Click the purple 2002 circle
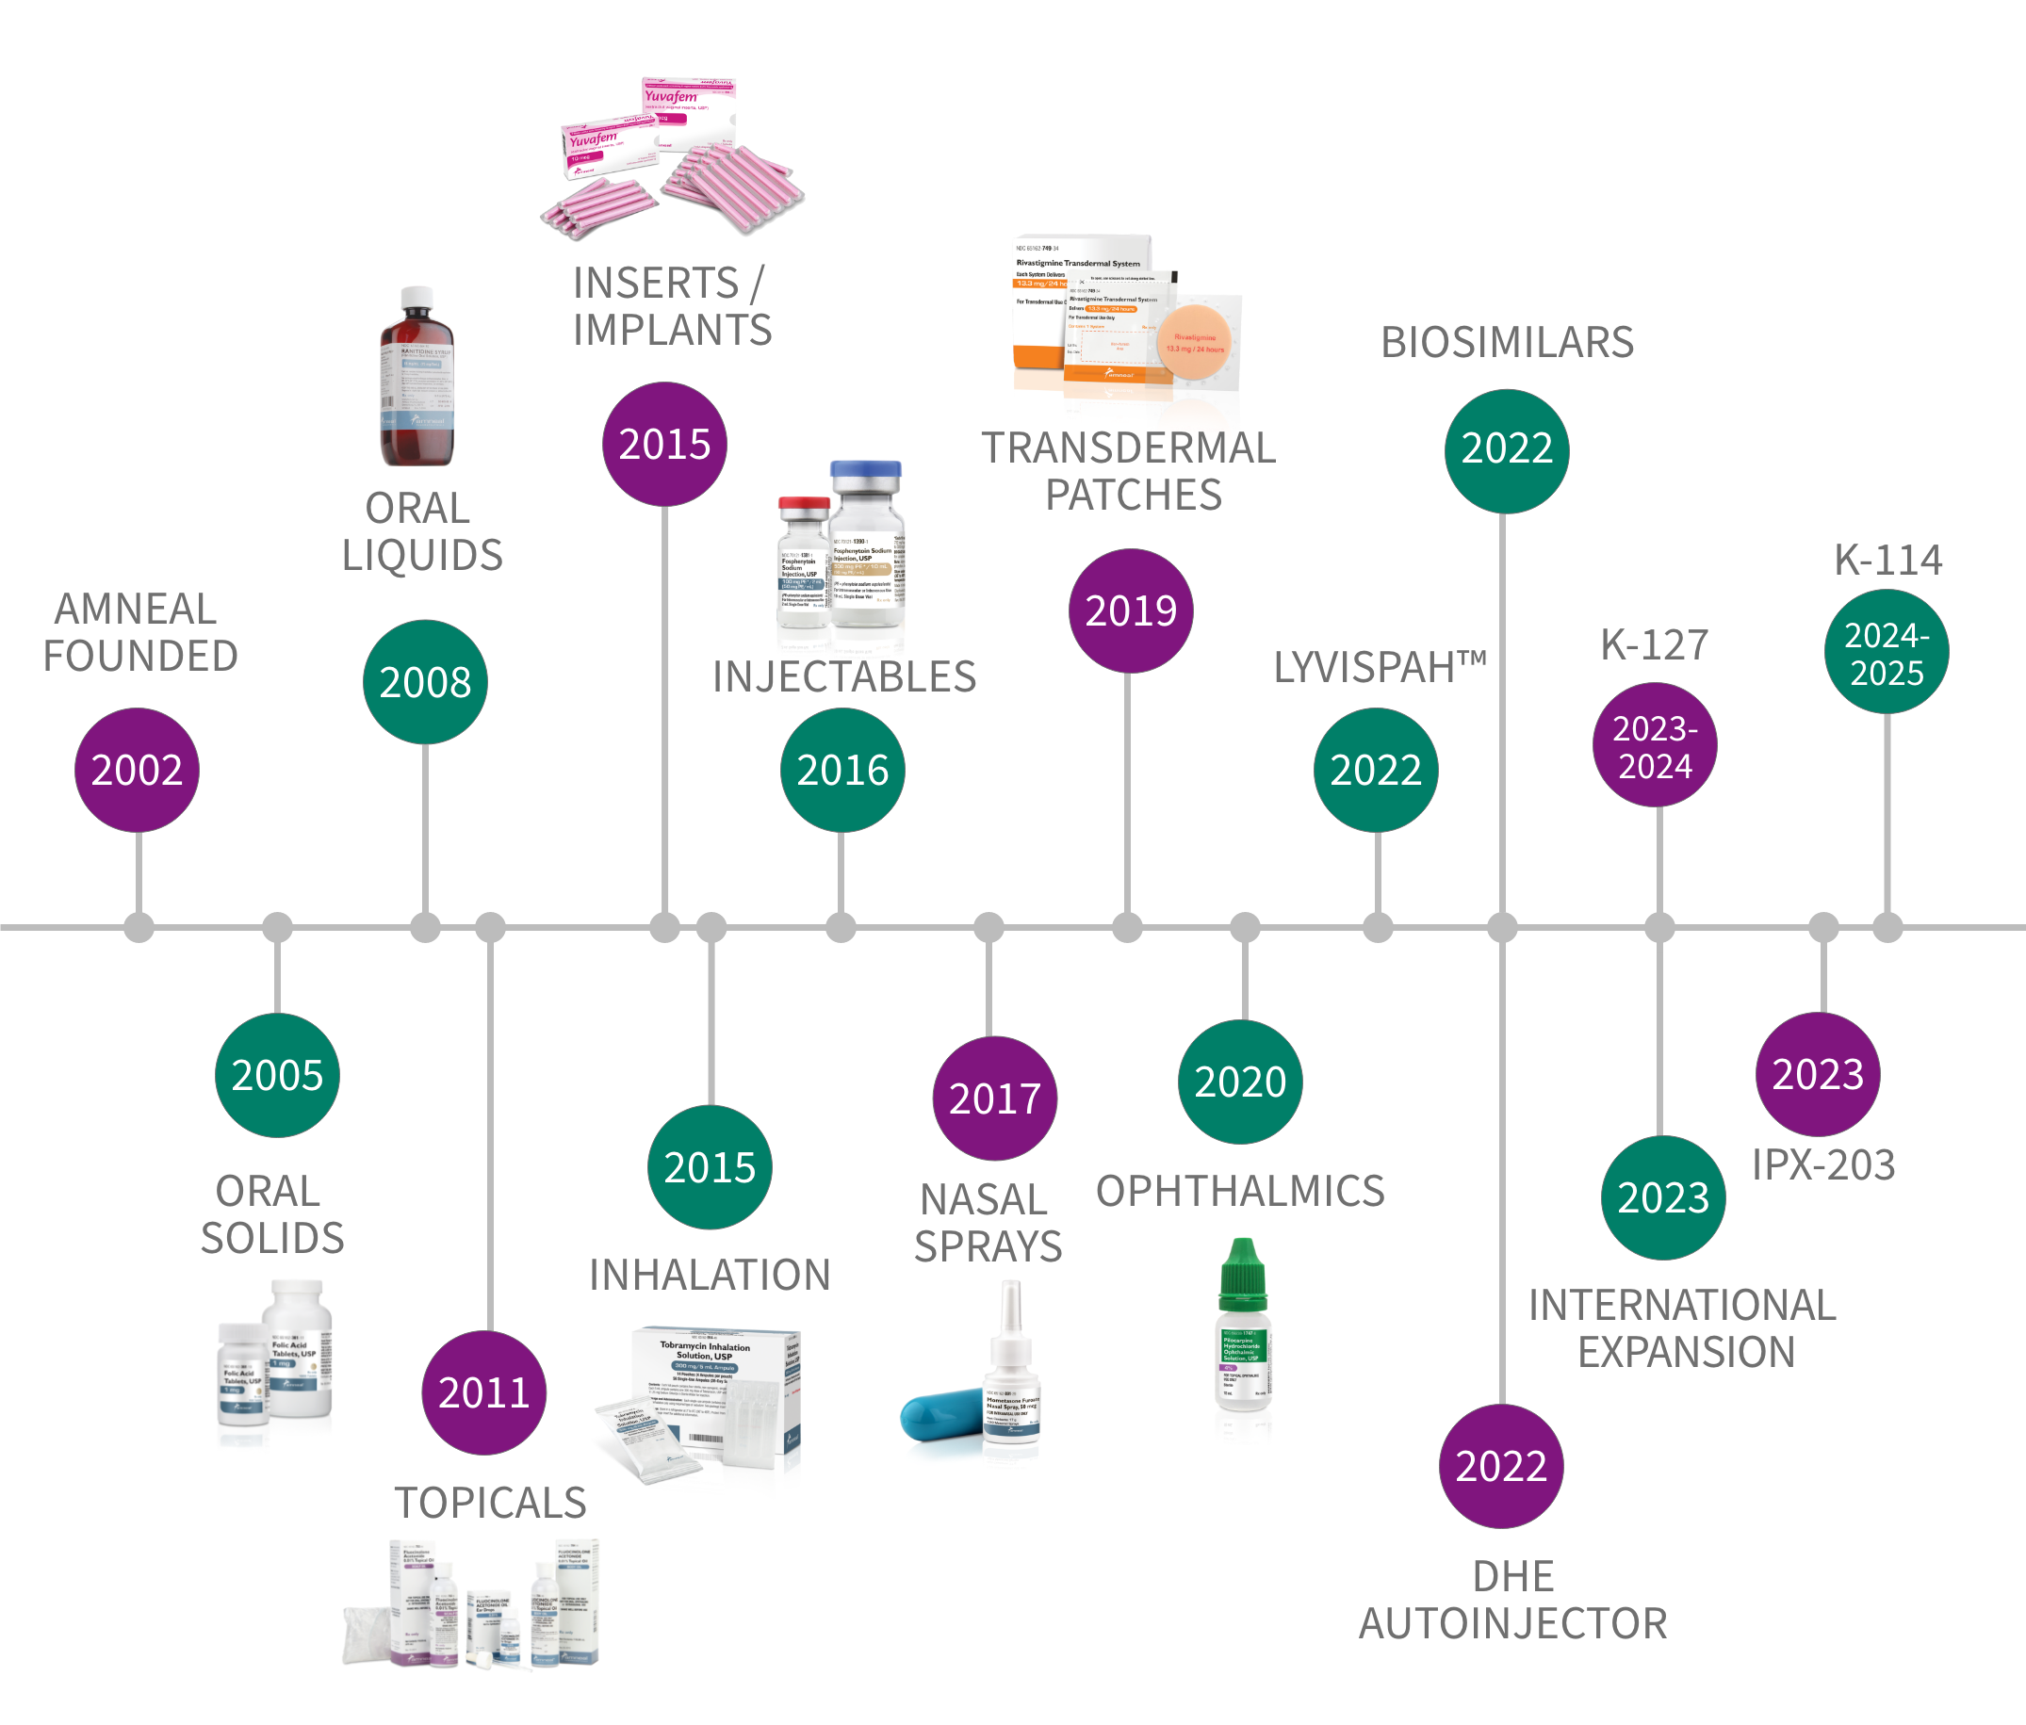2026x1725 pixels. coord(137,770)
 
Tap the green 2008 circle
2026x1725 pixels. coord(424,682)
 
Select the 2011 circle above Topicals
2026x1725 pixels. coord(484,1392)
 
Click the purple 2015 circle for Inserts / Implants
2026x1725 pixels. coord(665,445)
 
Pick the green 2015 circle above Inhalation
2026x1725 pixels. coord(710,1167)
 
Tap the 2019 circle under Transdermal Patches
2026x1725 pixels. coord(1131,610)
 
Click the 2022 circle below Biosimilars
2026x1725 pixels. coord(1507,450)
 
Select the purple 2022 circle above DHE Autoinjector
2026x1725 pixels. coord(1501,1466)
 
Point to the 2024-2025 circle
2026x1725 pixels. coord(1887,653)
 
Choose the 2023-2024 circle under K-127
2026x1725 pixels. coord(1655,747)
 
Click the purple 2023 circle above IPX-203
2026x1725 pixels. coord(1818,1074)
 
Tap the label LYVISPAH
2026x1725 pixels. coord(1379,668)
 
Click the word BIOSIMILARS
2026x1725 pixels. coord(1507,343)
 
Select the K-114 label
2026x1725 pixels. coord(1887,560)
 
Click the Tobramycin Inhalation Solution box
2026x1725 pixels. coord(719,1392)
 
